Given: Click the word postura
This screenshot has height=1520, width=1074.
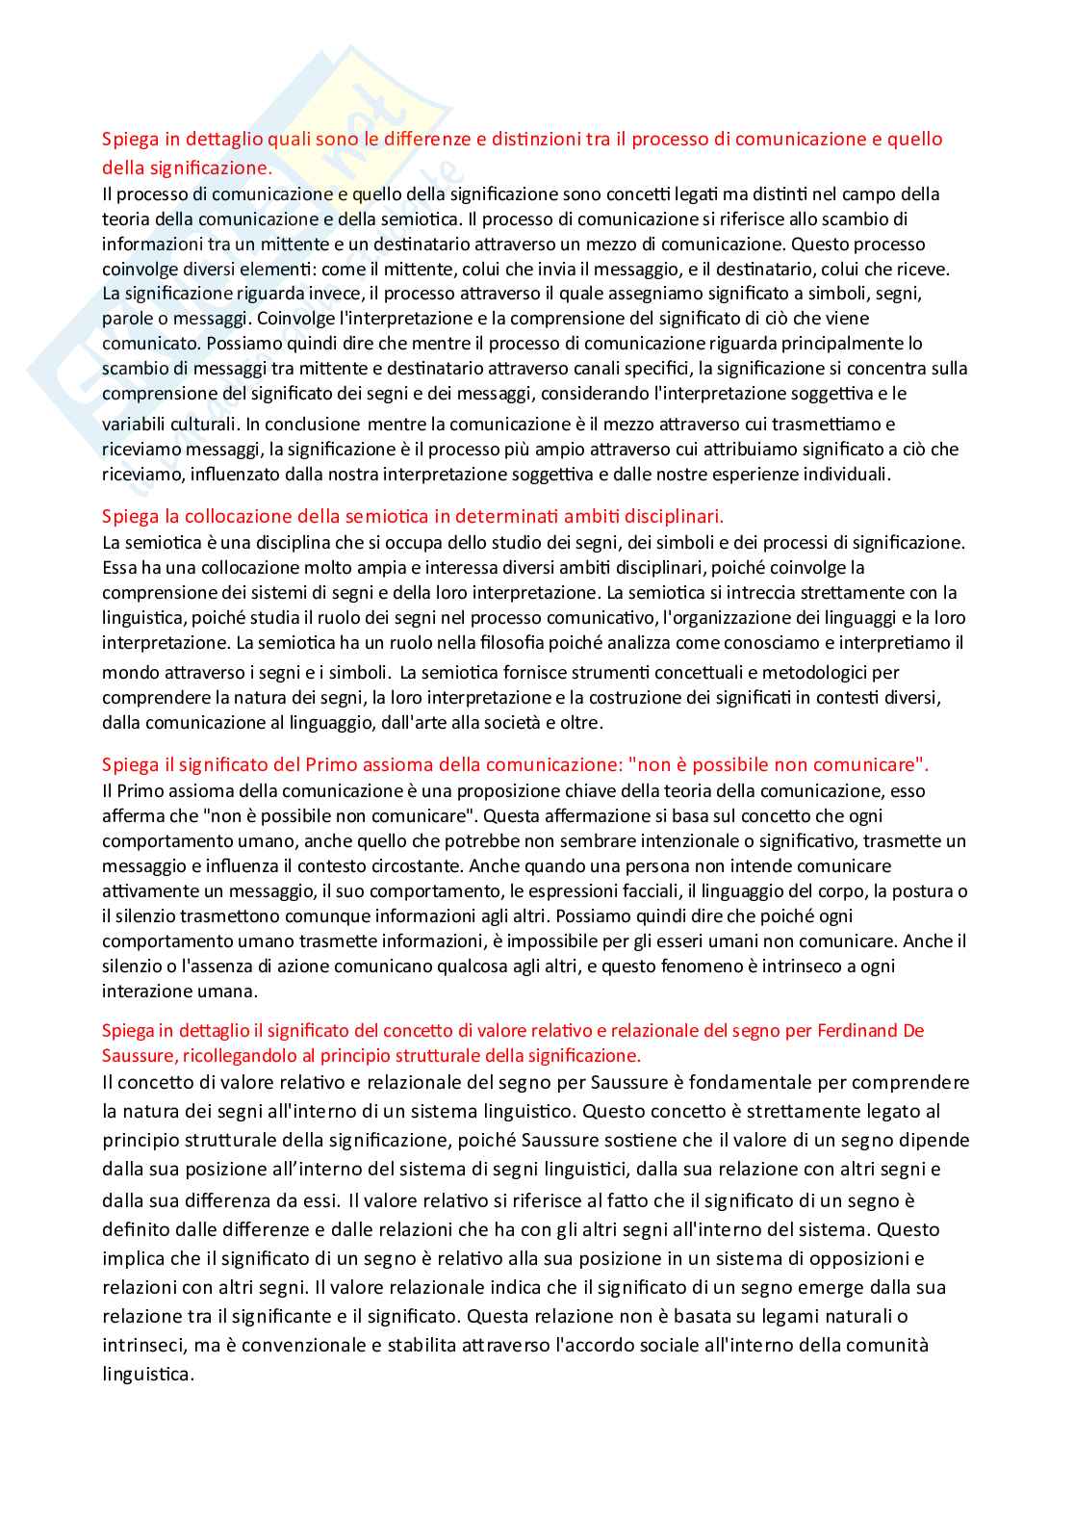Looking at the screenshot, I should (924, 891).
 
